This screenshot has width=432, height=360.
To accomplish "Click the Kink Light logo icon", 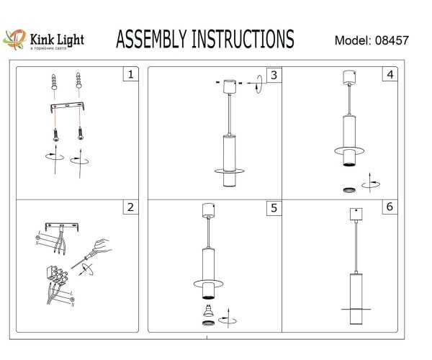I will pos(15,40).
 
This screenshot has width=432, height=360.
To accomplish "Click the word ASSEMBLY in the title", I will pos(150,39).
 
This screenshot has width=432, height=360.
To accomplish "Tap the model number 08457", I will pos(392,40).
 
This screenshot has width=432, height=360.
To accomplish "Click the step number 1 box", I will pos(130,75).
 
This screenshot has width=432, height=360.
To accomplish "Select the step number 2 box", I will pos(130,207).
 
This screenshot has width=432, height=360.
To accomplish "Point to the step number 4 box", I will pos(390,75).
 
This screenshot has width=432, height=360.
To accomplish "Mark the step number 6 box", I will pos(390,207).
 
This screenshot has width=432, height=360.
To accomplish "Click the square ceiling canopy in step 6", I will pos(354,214).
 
